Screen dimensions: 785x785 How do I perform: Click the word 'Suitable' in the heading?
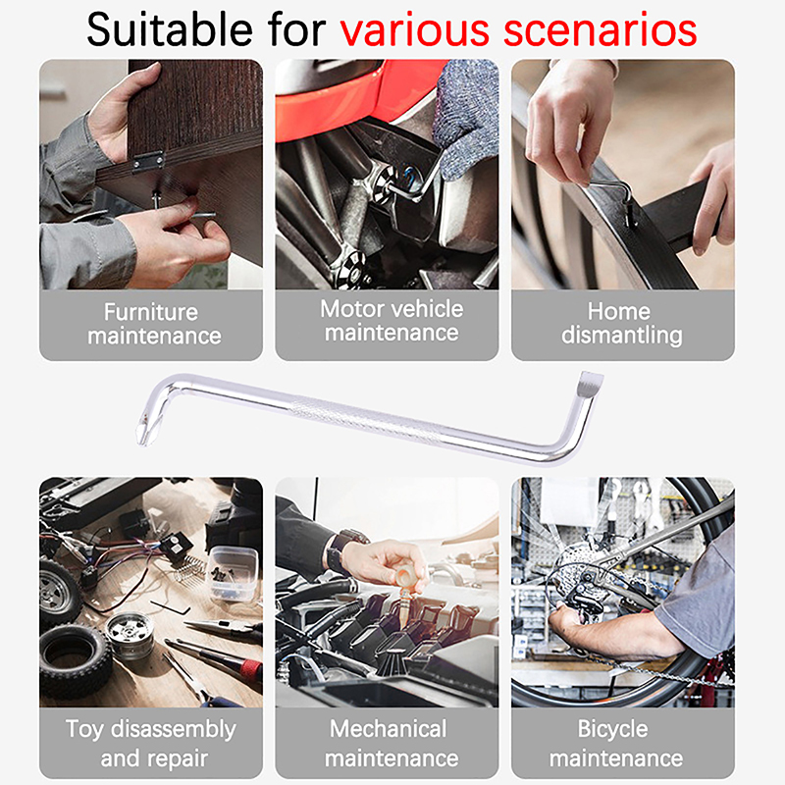click(x=169, y=30)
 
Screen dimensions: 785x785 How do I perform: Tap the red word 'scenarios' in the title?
click(x=600, y=31)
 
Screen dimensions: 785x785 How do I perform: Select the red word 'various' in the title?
click(x=414, y=31)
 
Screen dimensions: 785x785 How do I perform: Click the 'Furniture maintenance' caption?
click(x=154, y=324)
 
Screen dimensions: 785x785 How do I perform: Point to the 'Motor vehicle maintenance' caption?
click(x=392, y=321)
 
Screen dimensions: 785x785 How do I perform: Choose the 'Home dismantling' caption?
click(x=622, y=324)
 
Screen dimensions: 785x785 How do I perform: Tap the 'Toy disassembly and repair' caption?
click(x=151, y=744)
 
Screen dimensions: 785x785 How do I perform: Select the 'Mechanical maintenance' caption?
click(x=391, y=744)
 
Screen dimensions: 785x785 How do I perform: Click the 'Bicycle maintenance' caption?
click(x=616, y=744)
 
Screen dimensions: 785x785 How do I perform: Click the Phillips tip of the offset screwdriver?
click(x=143, y=430)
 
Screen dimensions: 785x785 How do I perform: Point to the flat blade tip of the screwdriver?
click(x=591, y=382)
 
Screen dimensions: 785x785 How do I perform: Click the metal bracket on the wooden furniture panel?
click(x=148, y=161)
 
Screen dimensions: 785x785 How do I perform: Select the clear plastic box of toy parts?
click(x=234, y=574)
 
